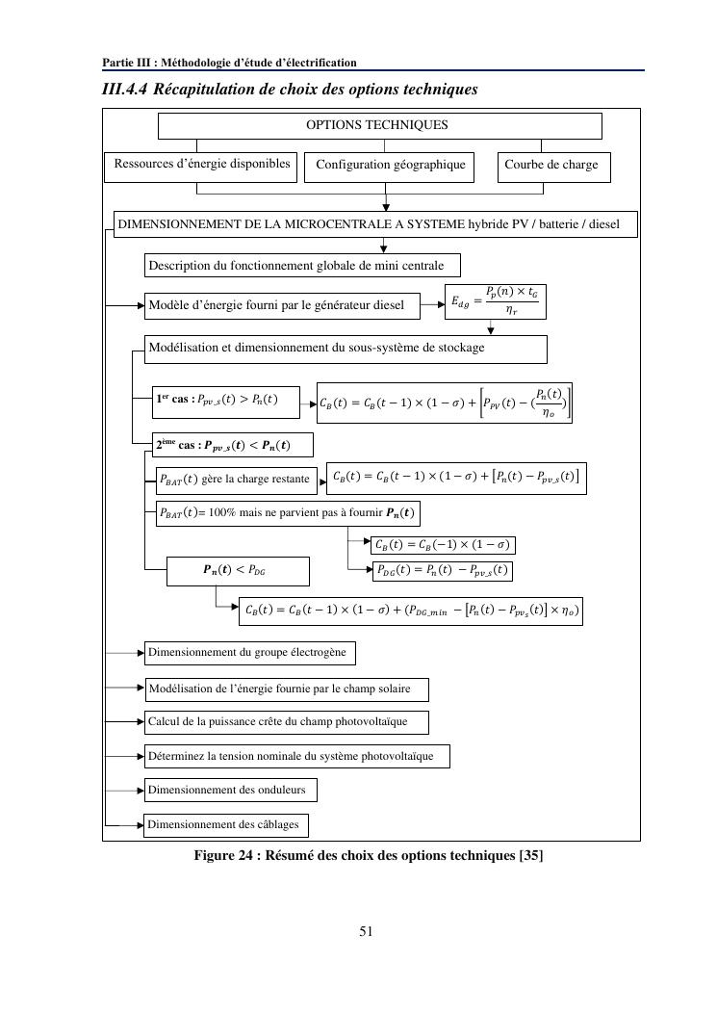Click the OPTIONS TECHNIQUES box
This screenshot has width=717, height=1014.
379,125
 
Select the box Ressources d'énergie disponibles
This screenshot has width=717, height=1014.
201,165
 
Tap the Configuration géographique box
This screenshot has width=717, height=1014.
390,166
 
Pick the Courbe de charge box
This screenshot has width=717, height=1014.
551,166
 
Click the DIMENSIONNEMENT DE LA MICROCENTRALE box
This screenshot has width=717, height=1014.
375,224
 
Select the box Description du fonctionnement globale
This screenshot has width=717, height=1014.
301,265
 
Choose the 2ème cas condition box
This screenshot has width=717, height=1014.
235,445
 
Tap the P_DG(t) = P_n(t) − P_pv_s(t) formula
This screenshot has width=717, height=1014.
441,571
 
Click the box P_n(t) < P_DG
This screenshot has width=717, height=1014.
238,571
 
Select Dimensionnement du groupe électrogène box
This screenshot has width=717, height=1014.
249,653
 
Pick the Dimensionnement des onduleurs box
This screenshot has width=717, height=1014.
230,791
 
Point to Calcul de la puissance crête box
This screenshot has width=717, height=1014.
285,721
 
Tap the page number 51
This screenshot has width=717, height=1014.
366,931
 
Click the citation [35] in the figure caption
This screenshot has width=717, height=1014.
530,854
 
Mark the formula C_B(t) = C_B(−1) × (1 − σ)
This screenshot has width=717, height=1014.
442,545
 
